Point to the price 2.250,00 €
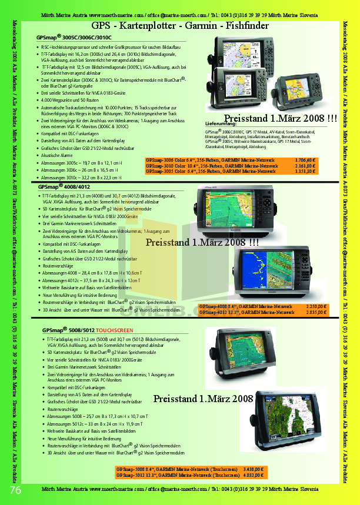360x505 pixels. tap(317, 306)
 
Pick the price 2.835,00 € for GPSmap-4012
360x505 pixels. tap(317, 312)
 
